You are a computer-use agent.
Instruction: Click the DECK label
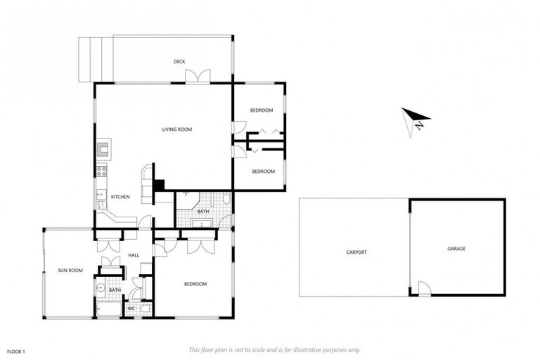click(179, 62)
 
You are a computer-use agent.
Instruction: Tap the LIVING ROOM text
click(176, 129)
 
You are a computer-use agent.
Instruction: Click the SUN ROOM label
click(70, 271)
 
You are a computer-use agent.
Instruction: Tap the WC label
click(131, 308)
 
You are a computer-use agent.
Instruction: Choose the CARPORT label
click(356, 252)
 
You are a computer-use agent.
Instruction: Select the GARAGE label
click(456, 248)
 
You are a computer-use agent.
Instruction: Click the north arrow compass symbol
click(416, 120)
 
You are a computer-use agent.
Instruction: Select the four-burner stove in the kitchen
click(101, 169)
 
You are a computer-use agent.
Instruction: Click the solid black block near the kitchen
click(159, 185)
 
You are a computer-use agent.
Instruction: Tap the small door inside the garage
click(423, 288)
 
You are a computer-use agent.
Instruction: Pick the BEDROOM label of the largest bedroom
click(195, 284)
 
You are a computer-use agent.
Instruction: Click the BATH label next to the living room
click(202, 211)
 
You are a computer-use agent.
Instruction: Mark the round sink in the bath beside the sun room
click(101, 288)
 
